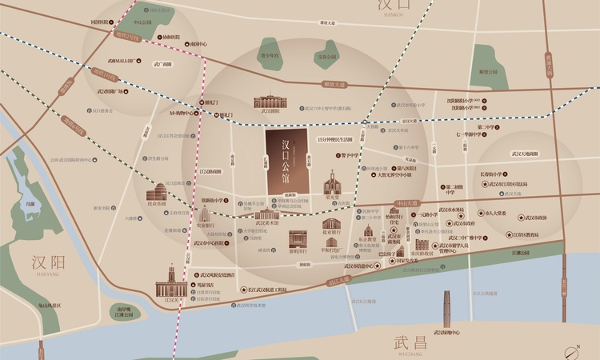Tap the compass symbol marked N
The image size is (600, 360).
click(x=573, y=348)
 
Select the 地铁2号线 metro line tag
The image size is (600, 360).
click(x=126, y=35)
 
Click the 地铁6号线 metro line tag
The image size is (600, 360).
click(x=74, y=124)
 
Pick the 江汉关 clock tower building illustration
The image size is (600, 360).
click(x=170, y=280)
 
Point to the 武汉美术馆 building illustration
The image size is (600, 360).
click(x=266, y=214)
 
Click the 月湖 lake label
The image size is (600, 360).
click(x=30, y=204)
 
